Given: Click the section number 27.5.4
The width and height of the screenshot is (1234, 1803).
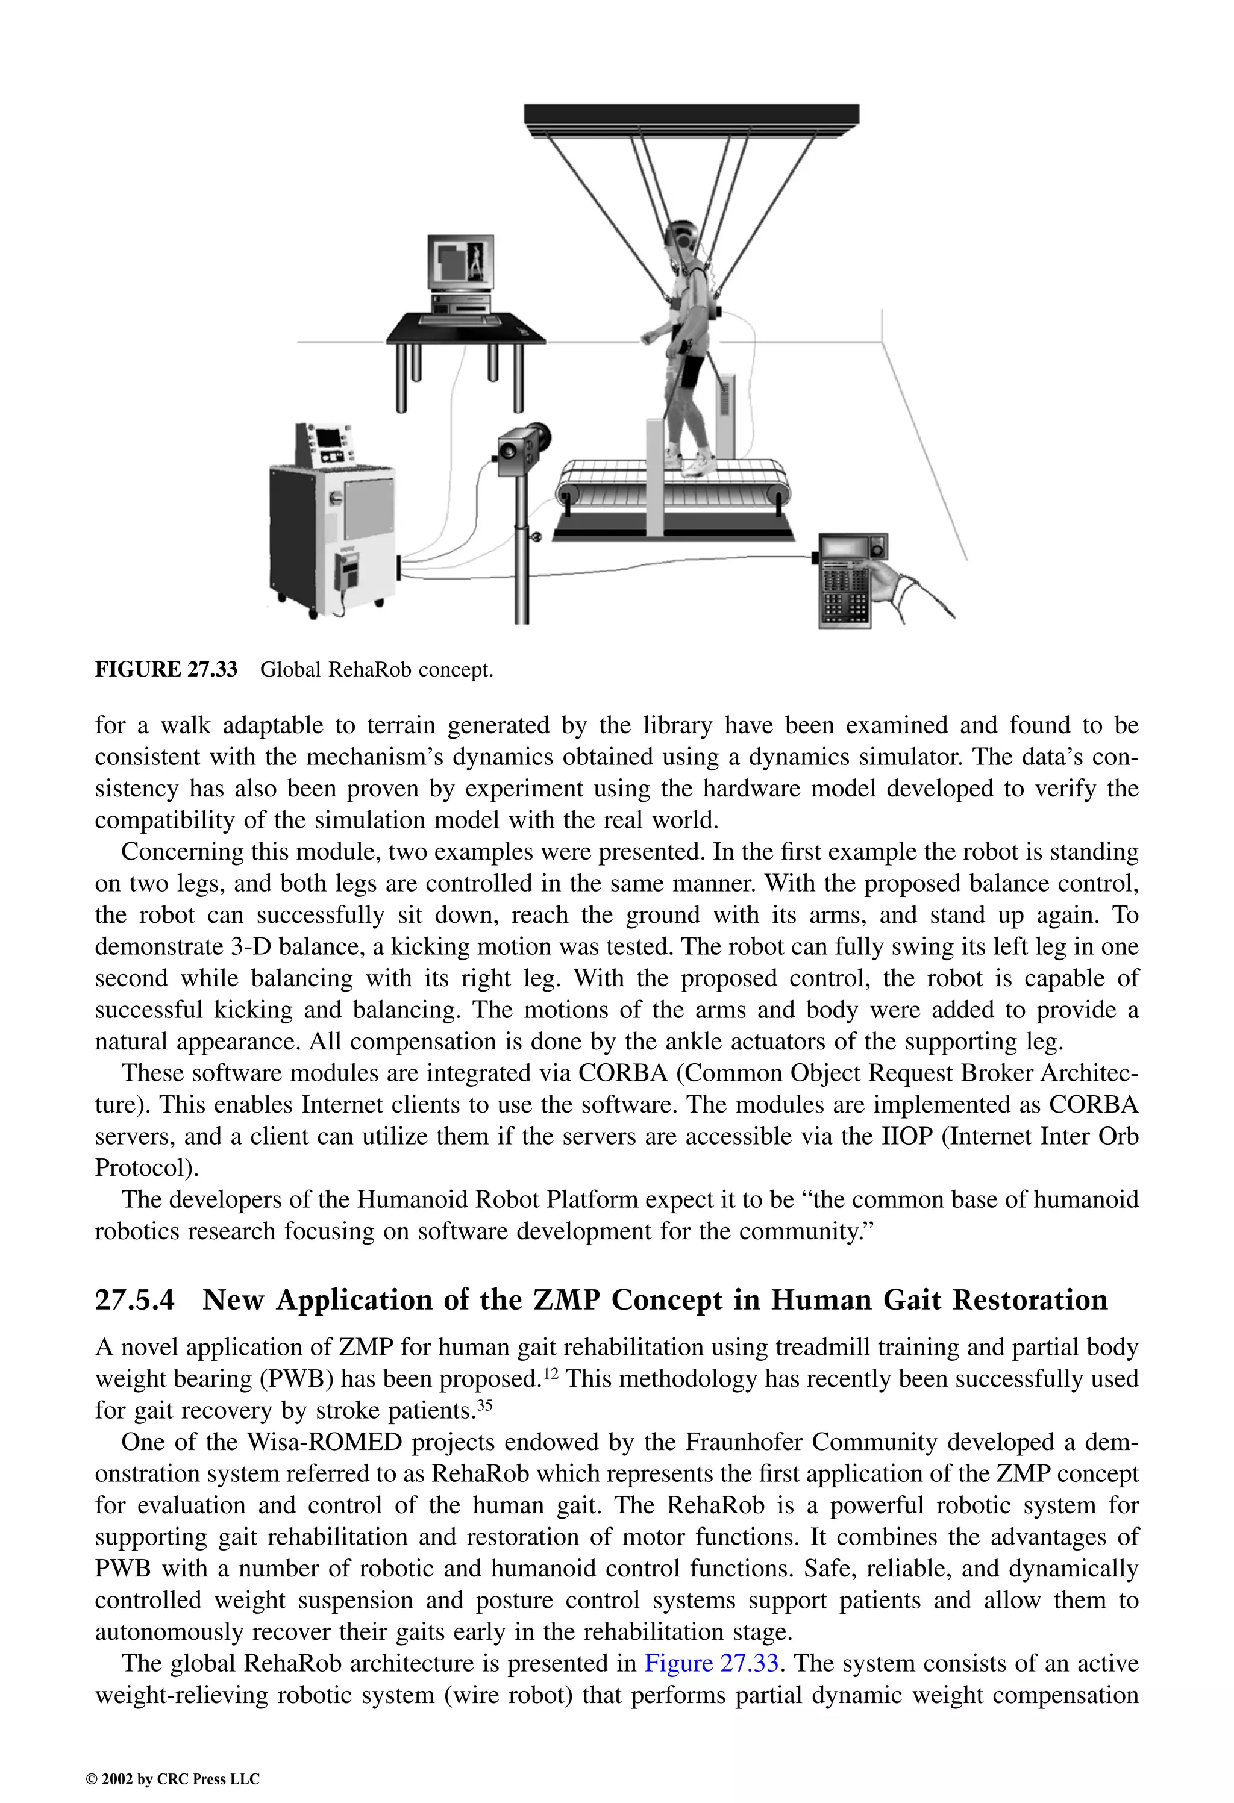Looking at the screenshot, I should pyautogui.click(x=134, y=1299).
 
